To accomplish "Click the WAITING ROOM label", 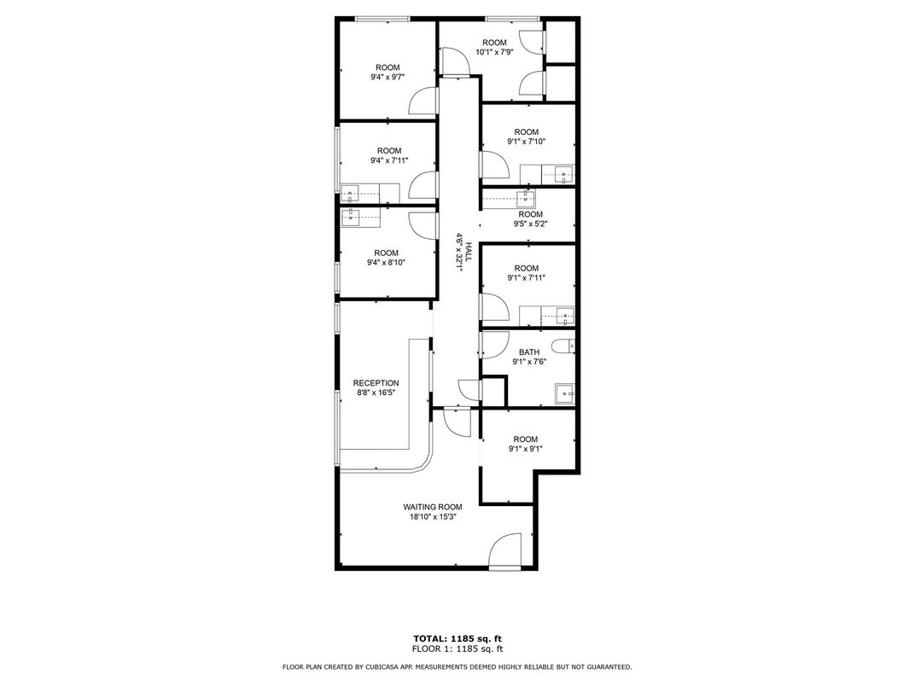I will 433,507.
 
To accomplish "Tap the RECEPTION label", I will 376,383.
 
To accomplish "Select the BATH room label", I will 528,352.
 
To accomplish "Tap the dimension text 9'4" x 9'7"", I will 387,77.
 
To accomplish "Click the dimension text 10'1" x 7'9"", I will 494,52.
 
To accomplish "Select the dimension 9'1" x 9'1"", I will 526,449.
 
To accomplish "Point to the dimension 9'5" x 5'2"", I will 530,224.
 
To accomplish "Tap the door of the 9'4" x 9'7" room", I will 423,102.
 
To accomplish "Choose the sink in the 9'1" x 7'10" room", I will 564,177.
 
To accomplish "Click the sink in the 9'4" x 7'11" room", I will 351,194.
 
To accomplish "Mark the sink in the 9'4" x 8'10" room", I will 351,217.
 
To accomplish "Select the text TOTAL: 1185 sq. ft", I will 457,637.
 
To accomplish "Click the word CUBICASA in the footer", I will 386,666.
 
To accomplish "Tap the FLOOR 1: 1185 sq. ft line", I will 457,648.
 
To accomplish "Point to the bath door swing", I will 490,345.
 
